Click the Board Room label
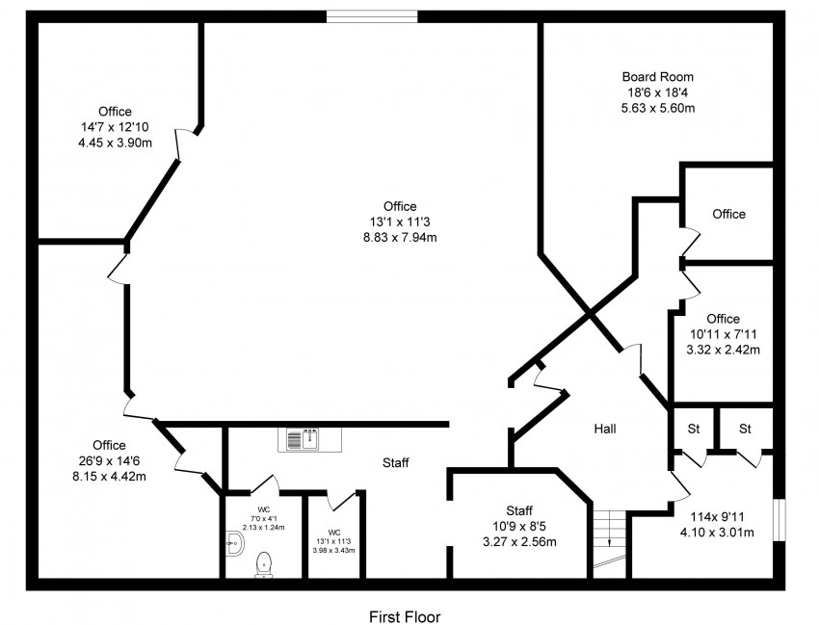pos(657,77)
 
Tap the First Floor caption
pos(405,616)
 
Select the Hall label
pos(605,429)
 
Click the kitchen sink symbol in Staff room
pos(309,440)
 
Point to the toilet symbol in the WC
pos(264,564)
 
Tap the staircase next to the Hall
pos(609,543)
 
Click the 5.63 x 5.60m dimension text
pos(657,108)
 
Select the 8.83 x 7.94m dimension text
pos(400,238)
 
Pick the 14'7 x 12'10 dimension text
pos(115,127)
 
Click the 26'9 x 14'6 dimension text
pos(109,461)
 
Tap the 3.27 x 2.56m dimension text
pos(519,542)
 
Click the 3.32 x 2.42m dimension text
pos(723,350)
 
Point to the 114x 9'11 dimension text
pos(717,517)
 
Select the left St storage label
pos(694,429)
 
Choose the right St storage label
pos(745,429)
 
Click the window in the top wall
pos(373,16)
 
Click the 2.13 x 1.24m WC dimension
pos(264,528)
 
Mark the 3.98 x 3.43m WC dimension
pos(333,550)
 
